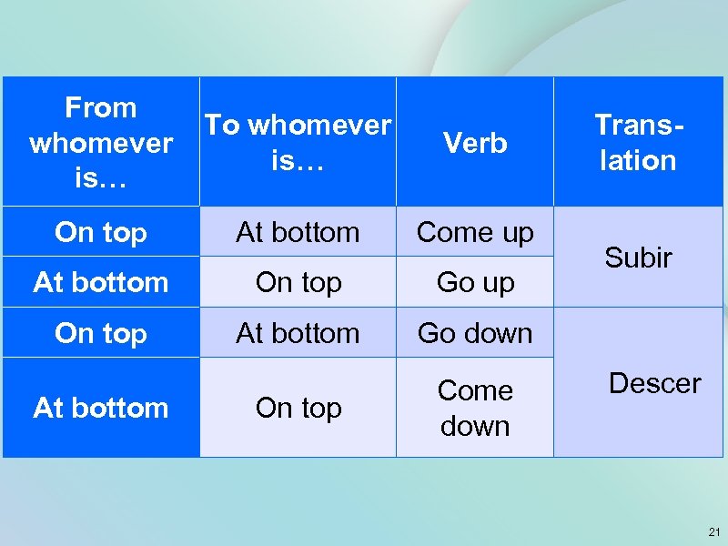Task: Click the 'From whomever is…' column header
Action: coord(100,143)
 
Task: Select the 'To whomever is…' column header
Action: coord(298,143)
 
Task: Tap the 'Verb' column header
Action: coord(474,143)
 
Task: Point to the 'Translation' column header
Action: coord(638,143)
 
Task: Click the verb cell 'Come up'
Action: coord(474,233)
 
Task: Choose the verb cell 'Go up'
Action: coord(474,283)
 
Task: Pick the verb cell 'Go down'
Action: coord(474,333)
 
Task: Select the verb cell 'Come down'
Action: coord(474,408)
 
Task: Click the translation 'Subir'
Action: coord(638,258)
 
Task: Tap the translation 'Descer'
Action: coord(654,383)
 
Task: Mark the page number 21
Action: coord(713,531)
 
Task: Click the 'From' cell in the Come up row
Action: coord(100,233)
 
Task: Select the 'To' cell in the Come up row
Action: coord(298,233)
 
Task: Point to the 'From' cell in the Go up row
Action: coord(100,283)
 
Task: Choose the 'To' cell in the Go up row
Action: coord(298,283)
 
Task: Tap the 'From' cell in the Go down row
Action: coord(100,333)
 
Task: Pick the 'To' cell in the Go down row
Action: coord(298,333)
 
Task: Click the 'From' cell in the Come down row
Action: coord(100,408)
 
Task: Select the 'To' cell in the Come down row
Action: coord(298,408)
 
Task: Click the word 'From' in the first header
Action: coord(100,108)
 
